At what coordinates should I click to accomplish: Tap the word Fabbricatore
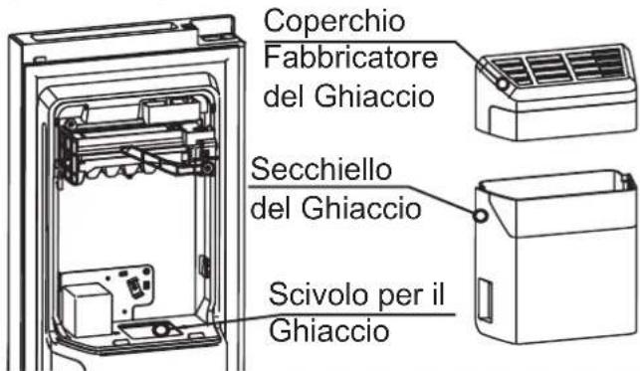pos(350,58)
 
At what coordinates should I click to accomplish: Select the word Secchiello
pos(321,170)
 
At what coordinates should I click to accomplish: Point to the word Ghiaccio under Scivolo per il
pos(329,331)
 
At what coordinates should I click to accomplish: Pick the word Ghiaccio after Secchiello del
pos(361,208)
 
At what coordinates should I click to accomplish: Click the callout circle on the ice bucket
pos(481,216)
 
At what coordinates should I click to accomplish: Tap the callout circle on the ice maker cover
pos(502,84)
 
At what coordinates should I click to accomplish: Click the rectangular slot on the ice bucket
pos(486,299)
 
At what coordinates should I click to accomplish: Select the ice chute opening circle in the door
pos(161,328)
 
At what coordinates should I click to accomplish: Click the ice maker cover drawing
pos(556,93)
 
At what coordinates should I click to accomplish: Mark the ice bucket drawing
pos(556,257)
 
